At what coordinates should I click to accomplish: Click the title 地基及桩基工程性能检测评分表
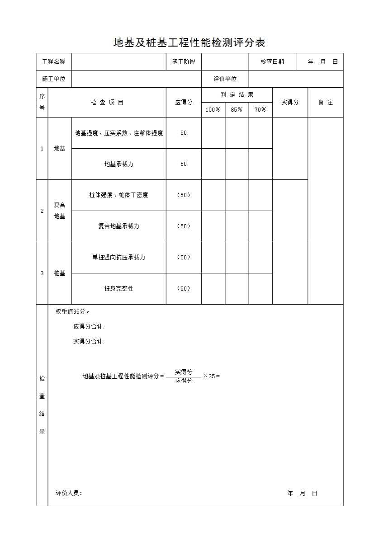[189, 43]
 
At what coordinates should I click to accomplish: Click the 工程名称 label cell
[54, 62]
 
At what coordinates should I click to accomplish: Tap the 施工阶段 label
[184, 62]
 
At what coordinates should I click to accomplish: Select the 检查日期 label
[272, 62]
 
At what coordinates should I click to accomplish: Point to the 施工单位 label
[54, 79]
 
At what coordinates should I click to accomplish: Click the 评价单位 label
[225, 79]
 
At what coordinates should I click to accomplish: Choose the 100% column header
[213, 110]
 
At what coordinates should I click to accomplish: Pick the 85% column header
[237, 110]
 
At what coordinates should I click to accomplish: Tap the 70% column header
[261, 110]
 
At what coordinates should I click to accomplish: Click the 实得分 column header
[290, 103]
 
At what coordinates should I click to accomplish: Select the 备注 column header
[325, 103]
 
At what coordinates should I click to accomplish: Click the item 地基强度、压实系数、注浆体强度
[119, 133]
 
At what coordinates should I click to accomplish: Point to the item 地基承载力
[119, 164]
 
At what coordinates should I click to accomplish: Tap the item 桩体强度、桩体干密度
[119, 195]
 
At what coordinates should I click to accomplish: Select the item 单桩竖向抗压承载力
[119, 258]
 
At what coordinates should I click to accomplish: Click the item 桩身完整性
[119, 288]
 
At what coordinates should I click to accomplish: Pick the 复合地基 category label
[60, 211]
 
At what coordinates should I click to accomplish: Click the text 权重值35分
[72, 312]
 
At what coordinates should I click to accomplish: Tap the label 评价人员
[69, 494]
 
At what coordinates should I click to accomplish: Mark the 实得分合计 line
[89, 342]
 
